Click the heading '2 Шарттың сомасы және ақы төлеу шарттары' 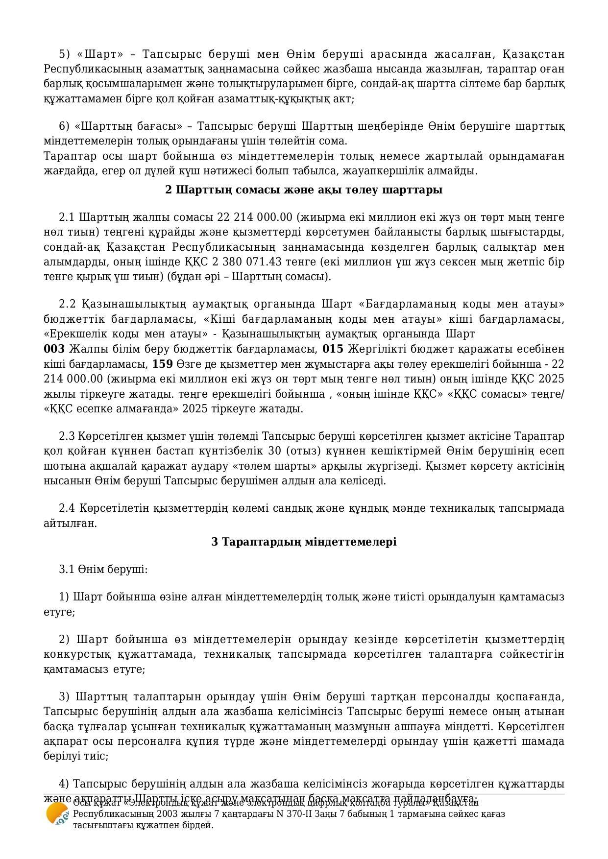pyautogui.click(x=304, y=190)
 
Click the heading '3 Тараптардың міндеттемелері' pyautogui.click(x=304, y=542)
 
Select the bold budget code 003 pyautogui.click(x=54, y=349)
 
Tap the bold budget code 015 pyautogui.click(x=333, y=349)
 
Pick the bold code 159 pyautogui.click(x=162, y=364)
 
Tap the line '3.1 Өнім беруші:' pyautogui.click(x=103, y=569)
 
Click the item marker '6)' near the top pyautogui.click(x=65, y=126)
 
